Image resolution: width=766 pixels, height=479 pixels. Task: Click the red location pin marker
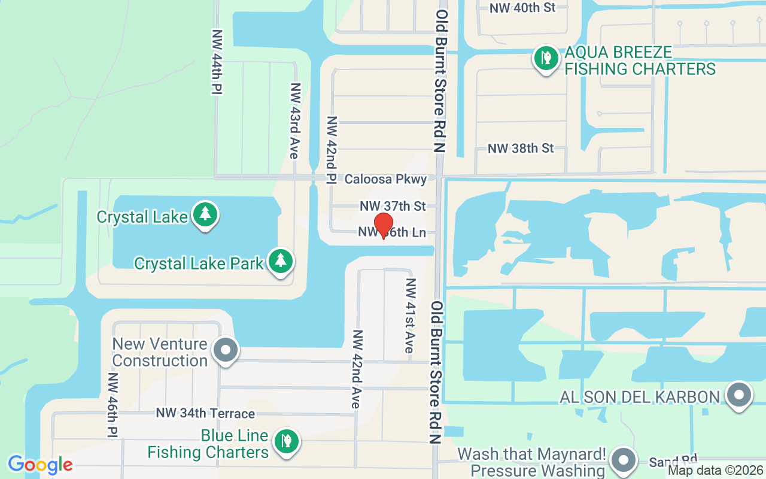383,226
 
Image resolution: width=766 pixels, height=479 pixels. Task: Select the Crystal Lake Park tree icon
280,262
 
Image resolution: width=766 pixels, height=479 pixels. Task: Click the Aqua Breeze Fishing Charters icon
545,59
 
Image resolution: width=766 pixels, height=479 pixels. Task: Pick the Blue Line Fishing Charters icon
286,442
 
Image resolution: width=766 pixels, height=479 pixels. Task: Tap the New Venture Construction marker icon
226,350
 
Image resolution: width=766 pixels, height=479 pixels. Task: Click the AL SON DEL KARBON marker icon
738,395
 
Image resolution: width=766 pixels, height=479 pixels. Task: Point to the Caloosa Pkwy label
386,179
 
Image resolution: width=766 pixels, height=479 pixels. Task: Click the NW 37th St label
393,206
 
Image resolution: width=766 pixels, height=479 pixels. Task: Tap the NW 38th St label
521,148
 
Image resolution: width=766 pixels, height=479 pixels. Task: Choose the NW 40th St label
522,8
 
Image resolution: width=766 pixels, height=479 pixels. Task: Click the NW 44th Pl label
217,62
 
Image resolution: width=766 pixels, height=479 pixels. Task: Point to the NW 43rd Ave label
294,120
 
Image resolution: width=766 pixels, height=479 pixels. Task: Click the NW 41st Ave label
410,316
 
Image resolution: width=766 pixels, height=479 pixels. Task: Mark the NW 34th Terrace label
205,413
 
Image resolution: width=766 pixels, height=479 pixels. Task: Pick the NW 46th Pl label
112,405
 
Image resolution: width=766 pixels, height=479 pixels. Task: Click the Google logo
40,464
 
